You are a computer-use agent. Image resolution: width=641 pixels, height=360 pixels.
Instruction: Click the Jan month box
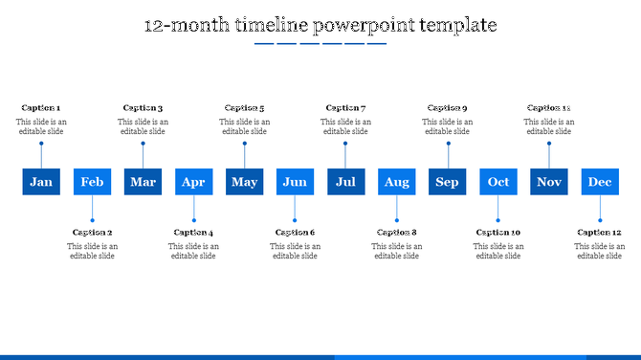coord(41,182)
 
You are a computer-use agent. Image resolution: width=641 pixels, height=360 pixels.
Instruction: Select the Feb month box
coord(92,182)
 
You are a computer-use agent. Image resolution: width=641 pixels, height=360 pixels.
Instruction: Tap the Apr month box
coord(193,182)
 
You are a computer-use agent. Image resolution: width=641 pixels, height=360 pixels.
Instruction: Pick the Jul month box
coord(345,182)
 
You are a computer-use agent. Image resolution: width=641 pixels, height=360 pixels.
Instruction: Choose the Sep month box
coord(447,182)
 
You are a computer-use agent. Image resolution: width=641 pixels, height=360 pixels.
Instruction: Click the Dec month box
coord(600,182)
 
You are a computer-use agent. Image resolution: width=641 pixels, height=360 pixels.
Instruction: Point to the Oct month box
coord(498,182)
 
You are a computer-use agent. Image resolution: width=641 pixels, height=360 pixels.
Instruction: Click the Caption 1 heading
coord(40,108)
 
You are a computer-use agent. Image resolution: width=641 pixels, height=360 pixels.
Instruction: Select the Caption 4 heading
coord(193,233)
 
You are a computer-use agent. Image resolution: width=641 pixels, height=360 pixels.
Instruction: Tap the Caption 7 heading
coord(345,108)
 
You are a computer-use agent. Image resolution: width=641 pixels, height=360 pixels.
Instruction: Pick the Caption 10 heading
coord(498,233)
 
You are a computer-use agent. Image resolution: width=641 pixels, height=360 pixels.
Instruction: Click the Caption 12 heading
coord(600,233)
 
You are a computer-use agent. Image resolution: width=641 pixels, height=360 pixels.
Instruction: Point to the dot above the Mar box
coord(143,144)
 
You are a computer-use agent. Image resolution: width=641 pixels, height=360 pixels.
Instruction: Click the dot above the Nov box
coord(549,144)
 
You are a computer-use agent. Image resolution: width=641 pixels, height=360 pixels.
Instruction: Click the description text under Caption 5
coord(244,126)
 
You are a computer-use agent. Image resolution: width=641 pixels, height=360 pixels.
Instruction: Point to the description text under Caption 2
coord(92,251)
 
